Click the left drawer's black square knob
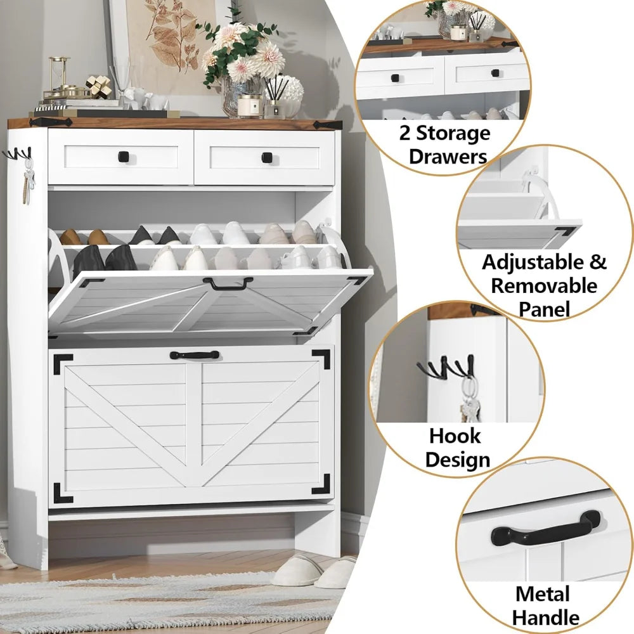[x=121, y=156]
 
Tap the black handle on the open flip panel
[x=228, y=283]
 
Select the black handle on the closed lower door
[x=194, y=355]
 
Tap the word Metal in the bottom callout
[x=542, y=594]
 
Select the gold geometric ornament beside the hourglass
[x=98, y=87]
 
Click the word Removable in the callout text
[x=544, y=285]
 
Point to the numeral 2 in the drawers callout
[x=405, y=134]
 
